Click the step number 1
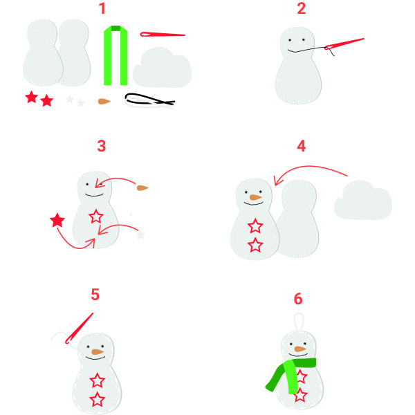(x=102, y=8)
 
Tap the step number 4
(x=302, y=146)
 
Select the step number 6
(x=298, y=299)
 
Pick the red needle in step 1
(x=163, y=35)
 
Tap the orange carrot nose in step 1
(x=104, y=102)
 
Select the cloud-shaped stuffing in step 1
(x=162, y=68)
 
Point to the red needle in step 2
(x=344, y=44)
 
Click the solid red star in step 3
(x=57, y=221)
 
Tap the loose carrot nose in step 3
(x=142, y=188)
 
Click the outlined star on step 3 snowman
(x=96, y=216)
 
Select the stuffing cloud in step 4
(x=363, y=200)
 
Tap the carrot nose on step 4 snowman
(x=255, y=197)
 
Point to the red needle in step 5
(x=79, y=329)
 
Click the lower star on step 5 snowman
(x=97, y=399)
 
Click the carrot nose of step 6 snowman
(x=300, y=349)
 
